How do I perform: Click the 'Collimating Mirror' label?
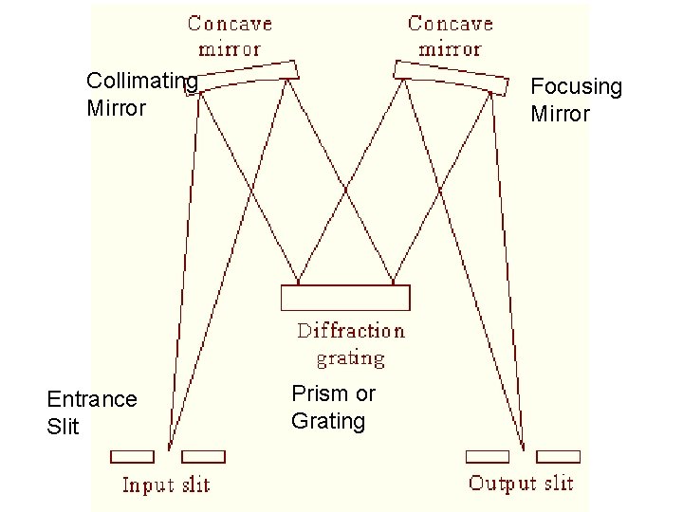pyautogui.click(x=141, y=95)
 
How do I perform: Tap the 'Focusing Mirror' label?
pyautogui.click(x=576, y=101)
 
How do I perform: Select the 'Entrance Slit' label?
pyautogui.click(x=91, y=412)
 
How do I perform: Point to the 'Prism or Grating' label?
pyautogui.click(x=333, y=407)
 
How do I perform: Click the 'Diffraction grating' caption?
pyautogui.click(x=350, y=344)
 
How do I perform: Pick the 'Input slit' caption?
pyautogui.click(x=166, y=485)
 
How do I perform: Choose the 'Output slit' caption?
pyautogui.click(x=521, y=484)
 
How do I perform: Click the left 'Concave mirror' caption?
pyautogui.click(x=230, y=35)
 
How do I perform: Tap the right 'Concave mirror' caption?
pyautogui.click(x=450, y=35)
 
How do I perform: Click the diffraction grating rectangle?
pyautogui.click(x=345, y=297)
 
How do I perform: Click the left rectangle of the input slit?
pyautogui.click(x=132, y=456)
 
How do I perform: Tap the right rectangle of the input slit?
pyautogui.click(x=203, y=456)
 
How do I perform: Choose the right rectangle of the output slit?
pyautogui.click(x=558, y=456)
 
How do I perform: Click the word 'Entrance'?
pyautogui.click(x=91, y=399)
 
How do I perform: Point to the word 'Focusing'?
pyautogui.click(x=576, y=87)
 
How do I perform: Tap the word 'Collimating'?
pyautogui.click(x=141, y=82)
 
